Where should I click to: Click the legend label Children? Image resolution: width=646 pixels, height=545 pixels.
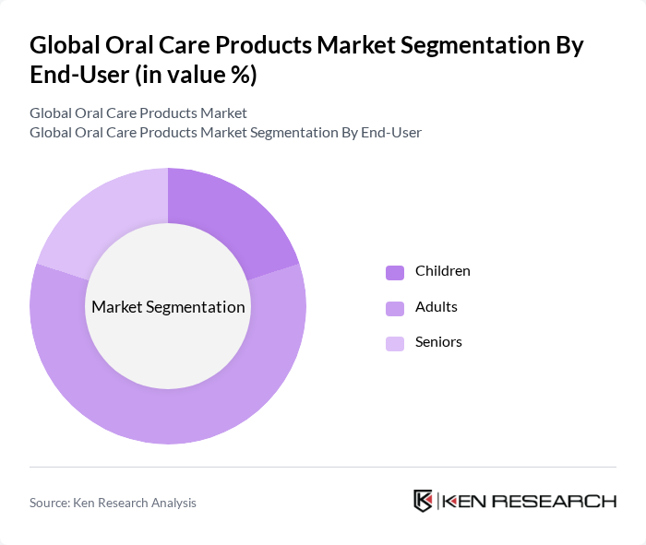pyautogui.click(x=442, y=271)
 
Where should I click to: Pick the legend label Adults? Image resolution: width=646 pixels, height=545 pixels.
pyautogui.click(x=436, y=306)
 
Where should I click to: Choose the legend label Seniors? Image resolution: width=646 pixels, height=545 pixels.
pyautogui.click(x=438, y=342)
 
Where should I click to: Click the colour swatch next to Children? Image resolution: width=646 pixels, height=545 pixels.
pyautogui.click(x=395, y=272)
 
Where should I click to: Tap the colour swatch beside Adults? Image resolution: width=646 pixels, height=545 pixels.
pyautogui.click(x=395, y=307)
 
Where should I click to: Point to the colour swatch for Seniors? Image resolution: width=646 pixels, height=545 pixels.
pyautogui.click(x=395, y=343)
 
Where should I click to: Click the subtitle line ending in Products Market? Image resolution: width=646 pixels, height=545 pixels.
pyautogui.click(x=138, y=113)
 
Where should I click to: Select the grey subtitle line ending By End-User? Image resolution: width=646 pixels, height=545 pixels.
pyautogui.click(x=225, y=132)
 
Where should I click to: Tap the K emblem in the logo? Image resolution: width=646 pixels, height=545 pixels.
pyautogui.click(x=424, y=501)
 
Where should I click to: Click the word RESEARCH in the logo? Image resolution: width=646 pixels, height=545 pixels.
pyautogui.click(x=564, y=501)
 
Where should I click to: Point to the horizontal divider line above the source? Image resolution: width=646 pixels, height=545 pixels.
pyautogui.click(x=323, y=467)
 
